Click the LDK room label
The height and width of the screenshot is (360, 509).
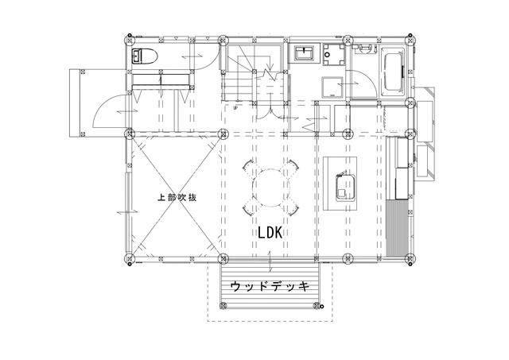pyautogui.click(x=271, y=233)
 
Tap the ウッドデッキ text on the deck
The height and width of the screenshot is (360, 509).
pyautogui.click(x=269, y=285)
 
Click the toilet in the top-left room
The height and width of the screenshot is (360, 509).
pyautogui.click(x=146, y=55)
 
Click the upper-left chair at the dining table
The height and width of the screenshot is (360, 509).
pyautogui.click(x=249, y=169)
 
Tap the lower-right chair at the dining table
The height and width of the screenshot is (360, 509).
pyautogui.click(x=292, y=208)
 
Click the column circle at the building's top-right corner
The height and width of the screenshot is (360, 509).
pyautogui.click(x=410, y=37)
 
